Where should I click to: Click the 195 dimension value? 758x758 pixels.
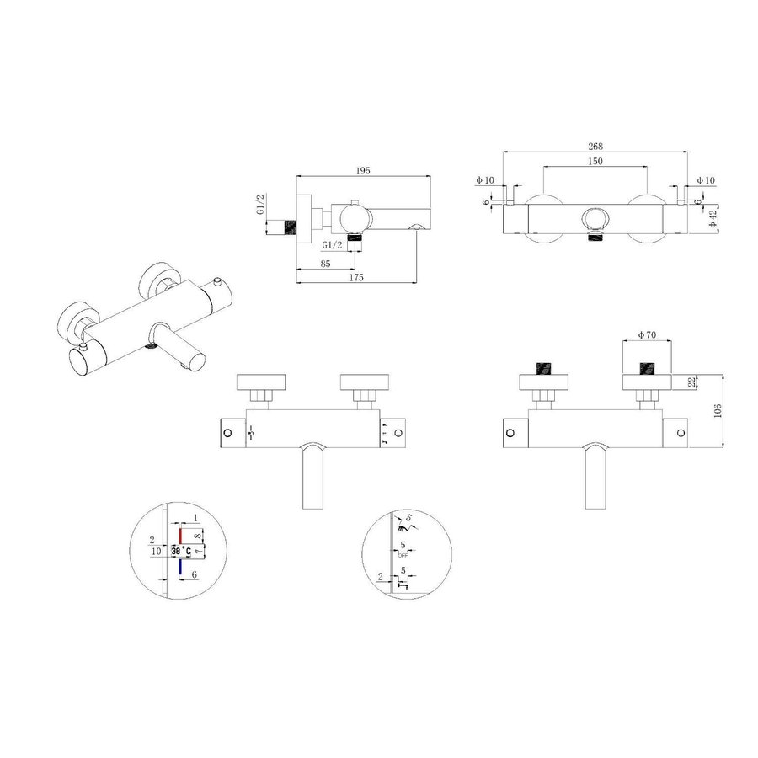click(x=364, y=170)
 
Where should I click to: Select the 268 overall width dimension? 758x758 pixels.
click(x=596, y=146)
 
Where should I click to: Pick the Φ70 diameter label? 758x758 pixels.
click(x=648, y=335)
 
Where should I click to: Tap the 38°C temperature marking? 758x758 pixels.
click(x=180, y=552)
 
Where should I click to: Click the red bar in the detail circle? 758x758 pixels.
click(x=180, y=536)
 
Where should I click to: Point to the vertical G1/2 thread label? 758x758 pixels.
click(x=261, y=204)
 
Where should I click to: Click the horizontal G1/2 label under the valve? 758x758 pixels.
click(x=334, y=244)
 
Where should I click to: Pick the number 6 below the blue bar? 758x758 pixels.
click(x=195, y=574)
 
